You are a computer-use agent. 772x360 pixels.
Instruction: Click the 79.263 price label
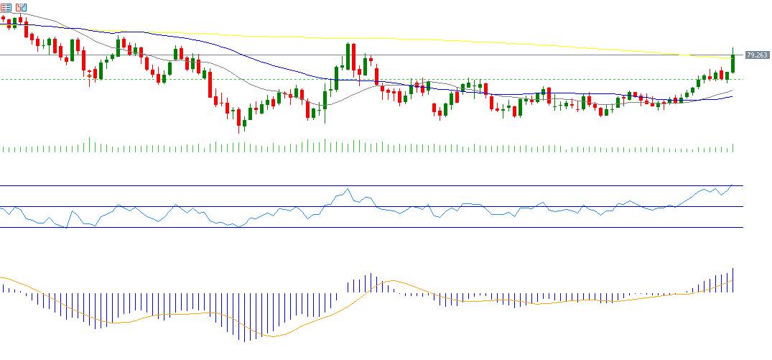click(x=756, y=55)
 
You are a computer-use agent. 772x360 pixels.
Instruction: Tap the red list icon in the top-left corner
click(x=5, y=6)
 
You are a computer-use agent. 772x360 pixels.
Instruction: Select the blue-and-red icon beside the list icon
click(x=19, y=6)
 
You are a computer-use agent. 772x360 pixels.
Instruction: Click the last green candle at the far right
click(x=733, y=61)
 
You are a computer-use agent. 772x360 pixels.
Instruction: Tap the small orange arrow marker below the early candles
click(x=89, y=74)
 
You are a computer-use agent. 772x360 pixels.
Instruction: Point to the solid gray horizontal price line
click(x=503, y=55)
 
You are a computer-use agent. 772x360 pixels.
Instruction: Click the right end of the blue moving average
click(x=731, y=96)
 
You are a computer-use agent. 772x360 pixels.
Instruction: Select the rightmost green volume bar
click(x=733, y=147)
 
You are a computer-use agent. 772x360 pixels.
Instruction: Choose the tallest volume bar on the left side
click(x=89, y=144)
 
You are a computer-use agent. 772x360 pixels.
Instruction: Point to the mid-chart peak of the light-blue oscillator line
click(x=348, y=189)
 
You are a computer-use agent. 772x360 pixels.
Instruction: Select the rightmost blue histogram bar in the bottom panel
click(x=733, y=280)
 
